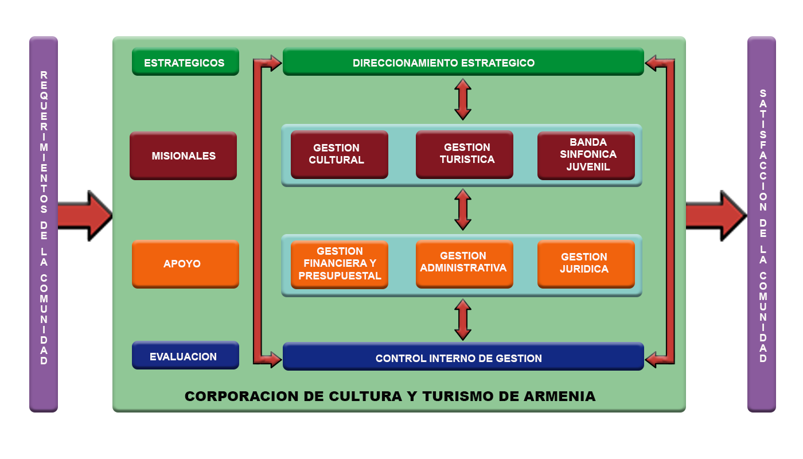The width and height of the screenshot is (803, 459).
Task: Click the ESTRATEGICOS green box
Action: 185,62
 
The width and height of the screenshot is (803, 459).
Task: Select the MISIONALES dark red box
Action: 183,155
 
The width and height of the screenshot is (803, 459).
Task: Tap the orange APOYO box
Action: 185,264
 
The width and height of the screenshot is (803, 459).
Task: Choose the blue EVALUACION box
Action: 185,356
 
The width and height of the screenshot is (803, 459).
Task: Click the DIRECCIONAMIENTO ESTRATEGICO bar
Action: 463,62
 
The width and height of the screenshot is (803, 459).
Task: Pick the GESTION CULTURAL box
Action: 339,154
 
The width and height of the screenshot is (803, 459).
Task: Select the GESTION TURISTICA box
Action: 464,154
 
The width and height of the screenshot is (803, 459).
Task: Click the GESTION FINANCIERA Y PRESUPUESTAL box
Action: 339,264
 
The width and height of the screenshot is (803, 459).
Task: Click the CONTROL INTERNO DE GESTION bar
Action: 463,357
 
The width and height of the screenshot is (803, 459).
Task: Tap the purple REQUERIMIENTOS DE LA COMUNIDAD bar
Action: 44,224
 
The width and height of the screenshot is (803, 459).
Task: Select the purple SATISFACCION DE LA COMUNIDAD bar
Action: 762,224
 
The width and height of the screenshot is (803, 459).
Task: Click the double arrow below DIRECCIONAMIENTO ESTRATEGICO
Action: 463,99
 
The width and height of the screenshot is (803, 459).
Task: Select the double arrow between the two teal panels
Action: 463,210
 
